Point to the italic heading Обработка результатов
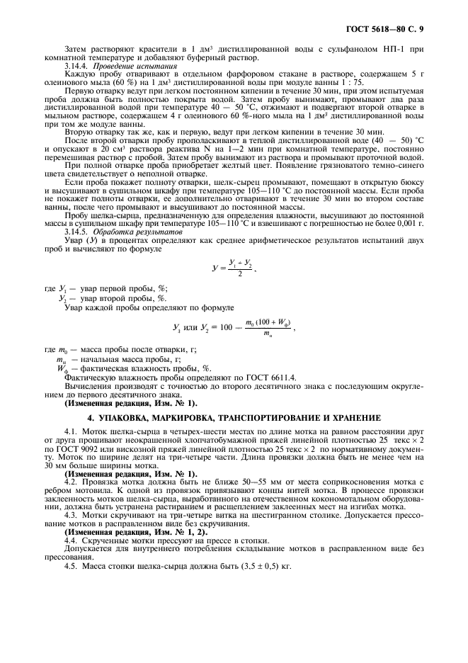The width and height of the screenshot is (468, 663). [128, 232]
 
